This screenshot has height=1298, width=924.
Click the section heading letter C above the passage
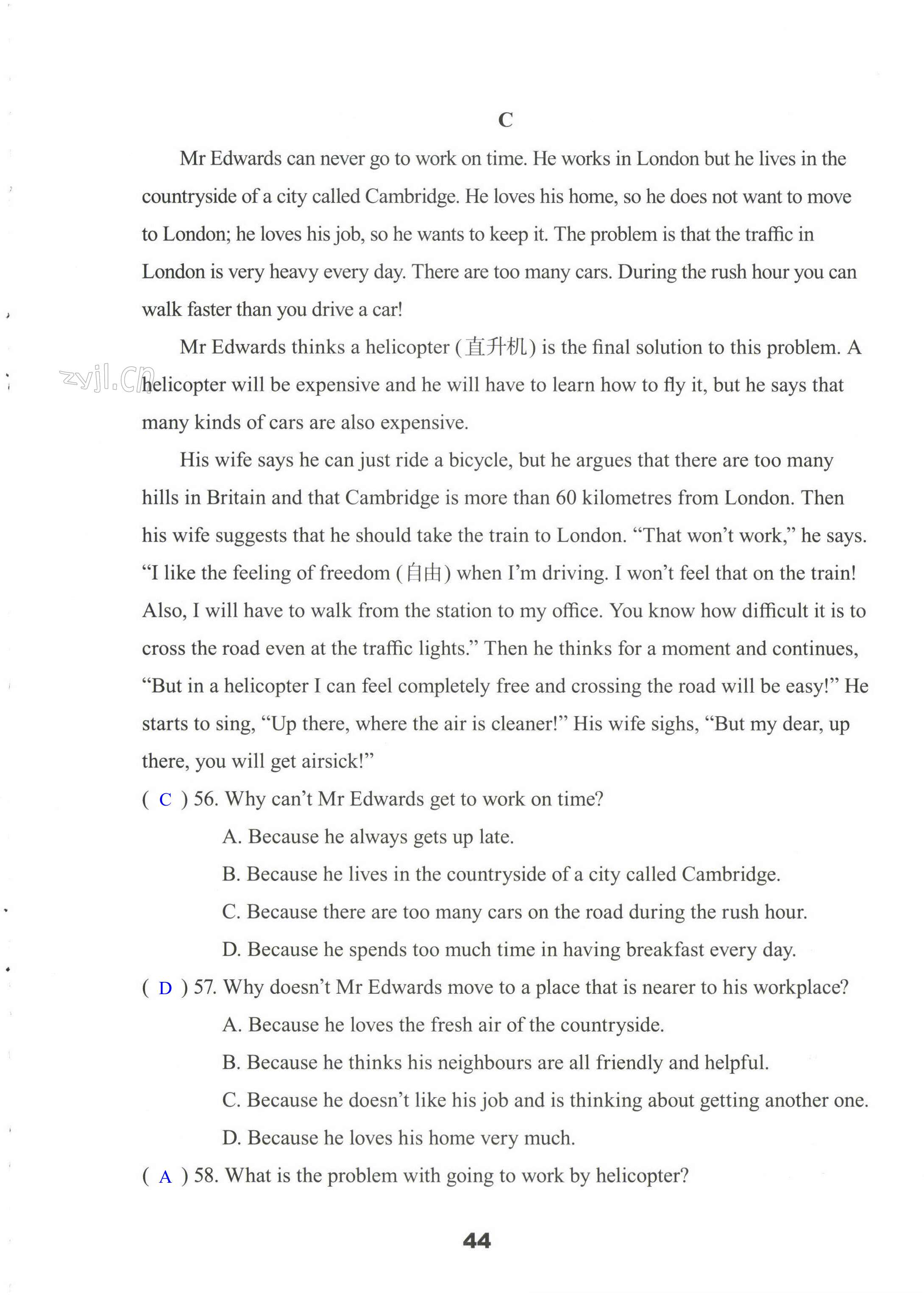point(505,120)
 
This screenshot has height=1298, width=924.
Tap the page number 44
point(477,1240)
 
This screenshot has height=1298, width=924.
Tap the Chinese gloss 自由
point(424,573)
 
